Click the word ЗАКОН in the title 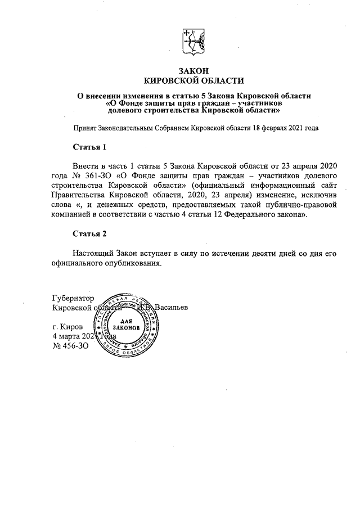pos(193,71)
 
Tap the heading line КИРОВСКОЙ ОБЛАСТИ pos(193,80)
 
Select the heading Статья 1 pos(89,147)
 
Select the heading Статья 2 pos(89,233)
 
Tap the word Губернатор pos(73,298)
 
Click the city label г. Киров pos(67,327)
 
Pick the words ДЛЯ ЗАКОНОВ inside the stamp pos(129,324)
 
